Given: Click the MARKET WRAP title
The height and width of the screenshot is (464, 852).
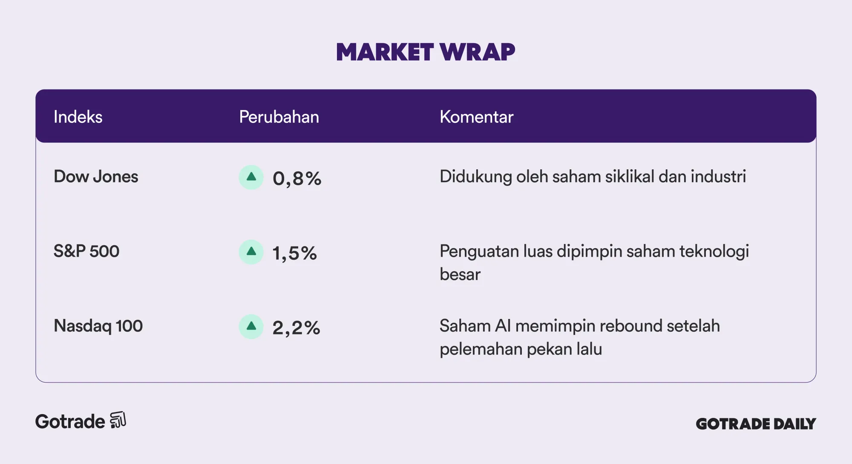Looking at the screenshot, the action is point(426,52).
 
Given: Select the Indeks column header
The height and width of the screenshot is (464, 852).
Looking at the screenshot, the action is point(78,117).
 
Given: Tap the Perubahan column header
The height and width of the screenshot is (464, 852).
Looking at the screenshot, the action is point(279,117).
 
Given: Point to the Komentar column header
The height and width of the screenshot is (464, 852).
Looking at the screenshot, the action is point(476,117).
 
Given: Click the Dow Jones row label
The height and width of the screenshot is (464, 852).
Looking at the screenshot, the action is point(96,177).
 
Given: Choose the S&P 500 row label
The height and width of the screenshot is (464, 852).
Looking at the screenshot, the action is point(86,251).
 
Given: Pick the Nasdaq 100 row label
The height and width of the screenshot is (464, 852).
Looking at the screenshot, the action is point(98,326).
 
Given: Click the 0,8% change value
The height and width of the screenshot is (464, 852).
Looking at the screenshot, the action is point(297,178).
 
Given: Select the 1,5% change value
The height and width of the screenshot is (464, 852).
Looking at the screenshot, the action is point(295,253).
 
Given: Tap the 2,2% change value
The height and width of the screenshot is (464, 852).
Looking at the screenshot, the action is point(296,328).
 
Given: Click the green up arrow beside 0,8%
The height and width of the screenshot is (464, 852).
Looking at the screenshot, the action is point(251,177).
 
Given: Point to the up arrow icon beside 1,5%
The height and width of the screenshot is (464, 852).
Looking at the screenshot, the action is point(251,252).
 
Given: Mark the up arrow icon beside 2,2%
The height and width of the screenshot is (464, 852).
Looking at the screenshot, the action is point(251,327).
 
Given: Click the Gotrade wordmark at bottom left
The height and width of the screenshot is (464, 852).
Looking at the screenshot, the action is point(70,421).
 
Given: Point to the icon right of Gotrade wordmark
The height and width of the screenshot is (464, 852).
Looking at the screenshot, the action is point(118,420).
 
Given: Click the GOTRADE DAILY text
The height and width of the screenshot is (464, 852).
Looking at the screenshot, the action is point(756,423).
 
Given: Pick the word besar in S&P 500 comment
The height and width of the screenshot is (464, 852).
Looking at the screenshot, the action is point(460,274).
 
